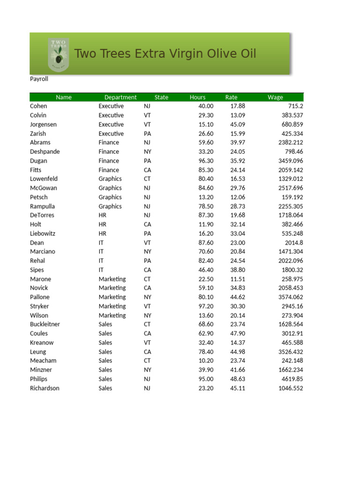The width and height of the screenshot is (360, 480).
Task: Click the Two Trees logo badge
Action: pyautogui.click(x=59, y=54)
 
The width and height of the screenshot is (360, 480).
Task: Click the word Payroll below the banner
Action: pyautogui.click(x=39, y=79)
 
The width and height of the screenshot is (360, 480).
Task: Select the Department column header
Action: pyautogui.click(x=120, y=97)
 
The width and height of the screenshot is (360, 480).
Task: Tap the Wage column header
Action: pyautogui.click(x=275, y=97)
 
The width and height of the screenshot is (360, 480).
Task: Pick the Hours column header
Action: pyautogui.click(x=197, y=97)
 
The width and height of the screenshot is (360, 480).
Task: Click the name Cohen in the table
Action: pyautogui.click(x=38, y=106)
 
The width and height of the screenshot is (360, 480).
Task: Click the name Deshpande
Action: pyautogui.click(x=45, y=152)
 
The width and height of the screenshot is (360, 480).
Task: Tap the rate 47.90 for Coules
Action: pyautogui.click(x=238, y=334)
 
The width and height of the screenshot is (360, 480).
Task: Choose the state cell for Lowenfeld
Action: pyautogui.click(x=148, y=179)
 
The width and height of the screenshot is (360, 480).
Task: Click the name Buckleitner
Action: pyautogui.click(x=45, y=324)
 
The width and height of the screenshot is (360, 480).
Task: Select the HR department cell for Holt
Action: pyautogui.click(x=103, y=225)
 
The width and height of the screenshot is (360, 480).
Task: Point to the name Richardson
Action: pyautogui.click(x=45, y=389)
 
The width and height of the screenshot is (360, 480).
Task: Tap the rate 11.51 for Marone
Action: pyautogui.click(x=238, y=279)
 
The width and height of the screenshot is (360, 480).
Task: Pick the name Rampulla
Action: pyautogui.click(x=42, y=206)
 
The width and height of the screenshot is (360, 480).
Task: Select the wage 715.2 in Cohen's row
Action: pyautogui.click(x=294, y=106)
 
